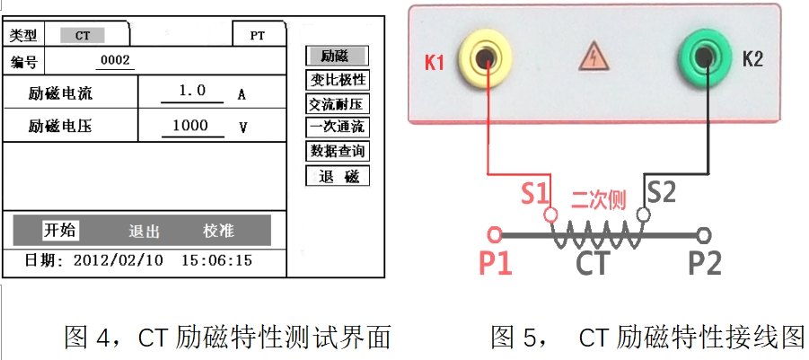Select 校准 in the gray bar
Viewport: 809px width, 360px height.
219,231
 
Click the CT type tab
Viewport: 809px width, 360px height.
83,35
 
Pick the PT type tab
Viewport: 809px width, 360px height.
257,36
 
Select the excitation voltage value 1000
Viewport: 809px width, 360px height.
191,127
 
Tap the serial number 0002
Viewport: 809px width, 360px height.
115,61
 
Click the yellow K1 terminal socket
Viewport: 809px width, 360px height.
486,60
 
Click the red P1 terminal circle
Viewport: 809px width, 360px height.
494,235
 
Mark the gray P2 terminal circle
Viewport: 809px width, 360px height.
705,235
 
